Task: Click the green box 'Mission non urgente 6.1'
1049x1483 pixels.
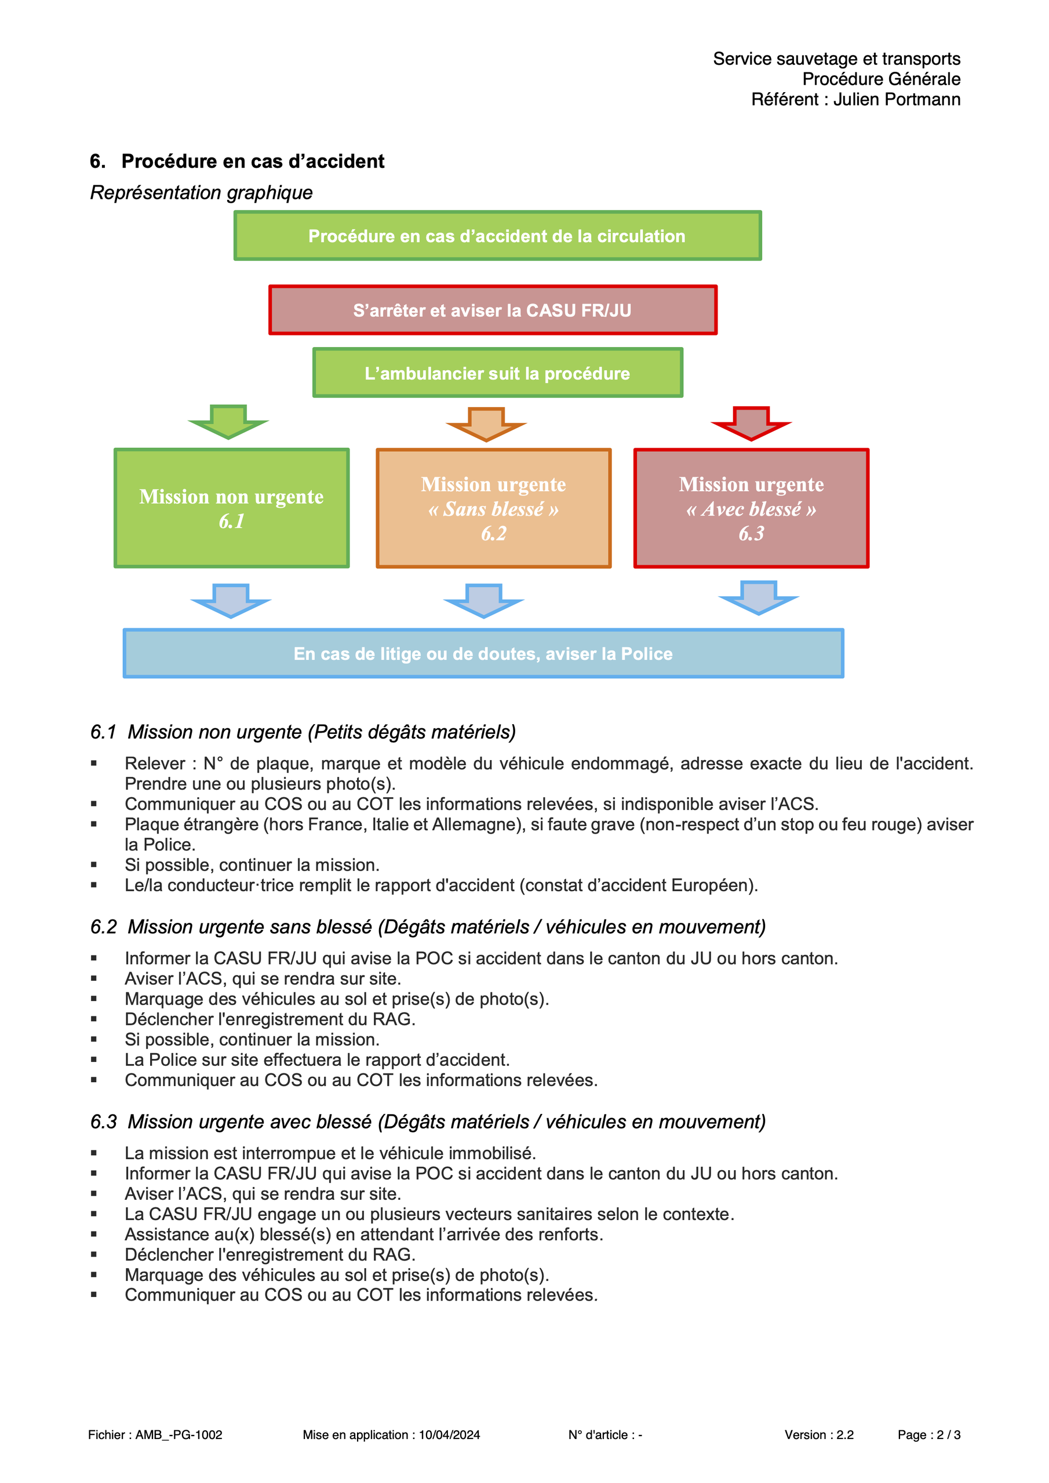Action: pyautogui.click(x=231, y=508)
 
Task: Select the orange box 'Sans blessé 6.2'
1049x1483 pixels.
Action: pyautogui.click(x=494, y=508)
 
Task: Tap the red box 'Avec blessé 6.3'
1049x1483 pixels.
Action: pyautogui.click(x=751, y=508)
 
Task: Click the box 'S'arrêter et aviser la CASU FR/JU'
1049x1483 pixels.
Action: pyautogui.click(x=493, y=310)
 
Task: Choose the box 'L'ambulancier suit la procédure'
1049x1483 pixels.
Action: pyautogui.click(x=498, y=372)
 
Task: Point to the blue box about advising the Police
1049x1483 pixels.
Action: pyautogui.click(x=483, y=653)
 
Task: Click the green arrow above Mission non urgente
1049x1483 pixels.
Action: pyautogui.click(x=228, y=422)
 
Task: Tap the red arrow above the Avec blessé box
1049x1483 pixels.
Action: pyautogui.click(x=751, y=423)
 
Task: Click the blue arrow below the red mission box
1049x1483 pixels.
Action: pyautogui.click(x=759, y=597)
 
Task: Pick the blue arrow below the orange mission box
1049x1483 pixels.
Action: pyautogui.click(x=483, y=601)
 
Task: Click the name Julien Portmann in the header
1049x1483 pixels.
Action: pyautogui.click(x=897, y=100)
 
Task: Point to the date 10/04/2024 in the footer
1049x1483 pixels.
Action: pyautogui.click(x=449, y=1434)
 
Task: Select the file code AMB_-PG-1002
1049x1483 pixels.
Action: pyautogui.click(x=179, y=1434)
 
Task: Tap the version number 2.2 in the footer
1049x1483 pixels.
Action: pyautogui.click(x=845, y=1434)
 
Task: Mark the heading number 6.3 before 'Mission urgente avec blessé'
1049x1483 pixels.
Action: pyautogui.click(x=103, y=1122)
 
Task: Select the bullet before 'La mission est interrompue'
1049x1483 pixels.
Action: pyautogui.click(x=94, y=1153)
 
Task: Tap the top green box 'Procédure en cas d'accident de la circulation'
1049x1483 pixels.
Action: pyautogui.click(x=498, y=236)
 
